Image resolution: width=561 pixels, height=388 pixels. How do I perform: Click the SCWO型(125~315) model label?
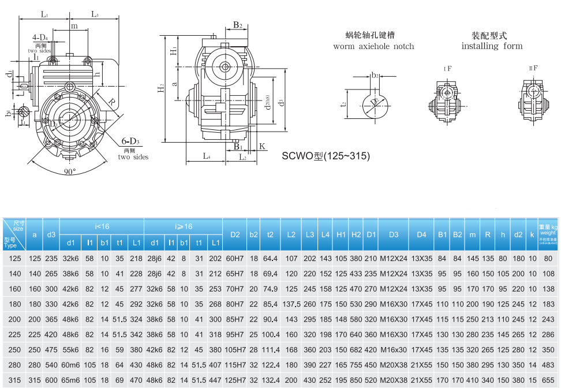pyautogui.click(x=326, y=156)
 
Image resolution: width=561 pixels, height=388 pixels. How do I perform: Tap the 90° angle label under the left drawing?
pyautogui.click(x=70, y=172)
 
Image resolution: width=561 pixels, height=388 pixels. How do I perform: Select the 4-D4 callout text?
pyautogui.click(x=40, y=38)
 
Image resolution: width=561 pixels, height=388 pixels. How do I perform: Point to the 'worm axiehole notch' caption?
pyautogui.click(x=373, y=46)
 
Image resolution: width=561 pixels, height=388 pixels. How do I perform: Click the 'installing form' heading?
pyautogui.click(x=492, y=46)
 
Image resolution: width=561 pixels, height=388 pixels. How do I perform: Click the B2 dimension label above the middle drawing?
pyautogui.click(x=237, y=25)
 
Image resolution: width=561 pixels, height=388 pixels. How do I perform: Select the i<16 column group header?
pyautogui.click(x=102, y=226)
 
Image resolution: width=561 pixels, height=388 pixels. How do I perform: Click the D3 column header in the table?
pyautogui.click(x=394, y=234)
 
